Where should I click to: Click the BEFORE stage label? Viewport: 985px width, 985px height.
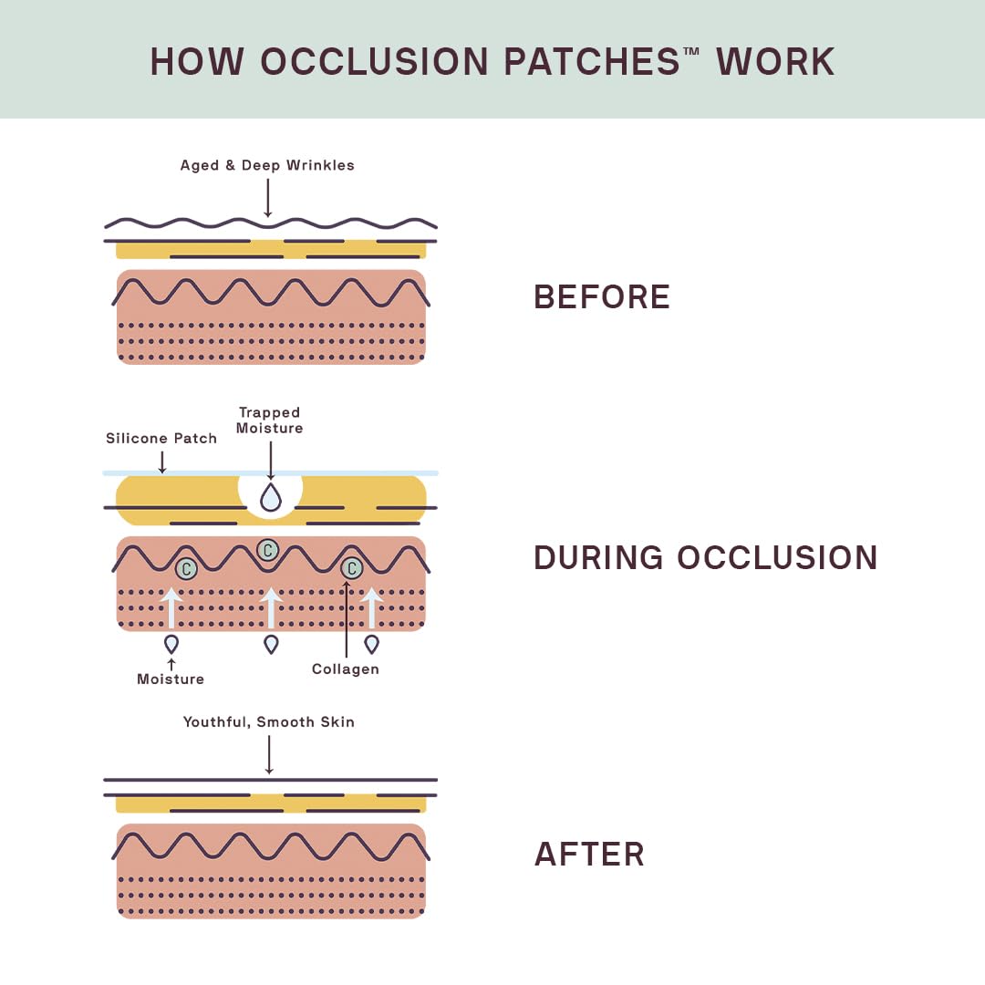(602, 296)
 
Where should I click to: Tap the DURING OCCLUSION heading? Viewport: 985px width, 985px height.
(705, 557)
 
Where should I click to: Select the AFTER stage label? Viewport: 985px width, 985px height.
(589, 855)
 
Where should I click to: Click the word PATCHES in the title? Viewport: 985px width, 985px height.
(592, 62)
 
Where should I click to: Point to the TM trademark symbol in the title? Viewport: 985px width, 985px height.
(691, 51)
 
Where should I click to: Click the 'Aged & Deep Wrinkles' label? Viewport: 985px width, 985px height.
(267, 165)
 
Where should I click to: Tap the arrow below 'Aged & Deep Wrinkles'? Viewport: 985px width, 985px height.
(268, 198)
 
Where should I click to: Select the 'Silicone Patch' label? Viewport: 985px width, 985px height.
(161, 438)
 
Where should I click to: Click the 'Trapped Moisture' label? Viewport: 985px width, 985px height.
(269, 420)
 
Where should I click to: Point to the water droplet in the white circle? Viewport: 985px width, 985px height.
(271, 497)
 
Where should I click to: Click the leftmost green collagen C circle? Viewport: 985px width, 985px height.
(186, 568)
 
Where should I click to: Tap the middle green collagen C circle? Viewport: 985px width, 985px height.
(268, 550)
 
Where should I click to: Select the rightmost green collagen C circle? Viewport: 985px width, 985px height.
(352, 568)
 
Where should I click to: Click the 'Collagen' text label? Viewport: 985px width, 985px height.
(346, 669)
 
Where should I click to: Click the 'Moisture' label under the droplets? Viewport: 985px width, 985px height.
(171, 679)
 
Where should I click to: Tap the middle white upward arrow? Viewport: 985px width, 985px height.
(271, 607)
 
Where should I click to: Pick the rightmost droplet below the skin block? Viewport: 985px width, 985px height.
(372, 644)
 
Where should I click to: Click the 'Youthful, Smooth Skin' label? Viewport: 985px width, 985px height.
(269, 721)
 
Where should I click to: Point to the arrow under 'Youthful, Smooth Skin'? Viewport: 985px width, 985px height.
(269, 754)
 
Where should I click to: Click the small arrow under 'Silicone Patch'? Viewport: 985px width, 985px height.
(162, 461)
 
